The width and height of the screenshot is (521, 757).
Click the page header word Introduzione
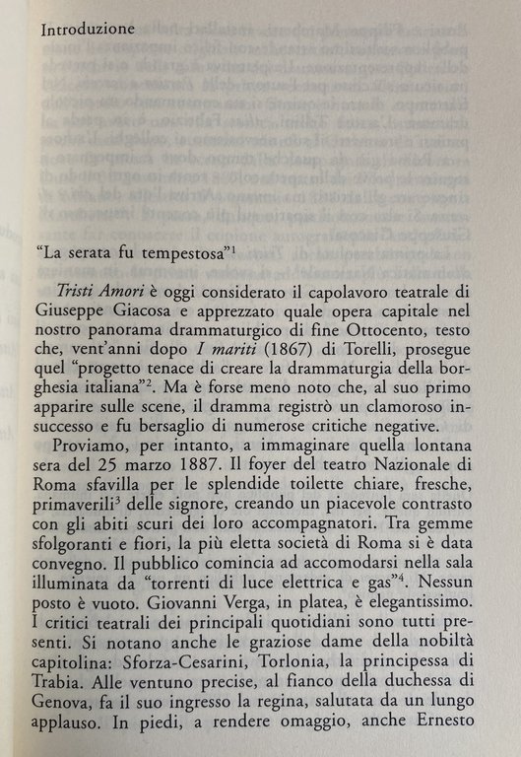tap(89, 31)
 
